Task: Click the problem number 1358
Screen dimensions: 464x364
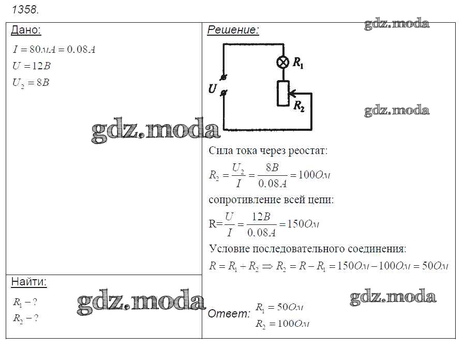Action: tap(25, 9)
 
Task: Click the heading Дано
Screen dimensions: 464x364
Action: tap(26, 30)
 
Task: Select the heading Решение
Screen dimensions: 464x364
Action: tap(233, 30)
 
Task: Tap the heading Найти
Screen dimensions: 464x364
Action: tap(29, 282)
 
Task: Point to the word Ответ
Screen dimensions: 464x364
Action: tap(229, 313)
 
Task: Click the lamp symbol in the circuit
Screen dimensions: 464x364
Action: tap(283, 63)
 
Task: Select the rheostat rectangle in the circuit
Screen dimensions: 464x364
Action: tap(283, 93)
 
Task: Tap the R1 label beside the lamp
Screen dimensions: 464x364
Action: tap(298, 63)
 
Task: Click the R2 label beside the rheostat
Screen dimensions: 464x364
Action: tap(299, 106)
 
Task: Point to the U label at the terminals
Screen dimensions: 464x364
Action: tap(213, 89)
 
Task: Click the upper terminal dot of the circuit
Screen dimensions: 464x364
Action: tap(223, 78)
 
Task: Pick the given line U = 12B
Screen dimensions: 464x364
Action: tap(32, 66)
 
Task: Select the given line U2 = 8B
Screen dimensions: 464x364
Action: tap(31, 83)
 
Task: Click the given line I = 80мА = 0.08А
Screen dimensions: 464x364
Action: tap(54, 49)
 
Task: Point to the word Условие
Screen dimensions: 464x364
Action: tap(229, 249)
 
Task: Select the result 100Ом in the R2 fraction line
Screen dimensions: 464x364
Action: tap(315, 175)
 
